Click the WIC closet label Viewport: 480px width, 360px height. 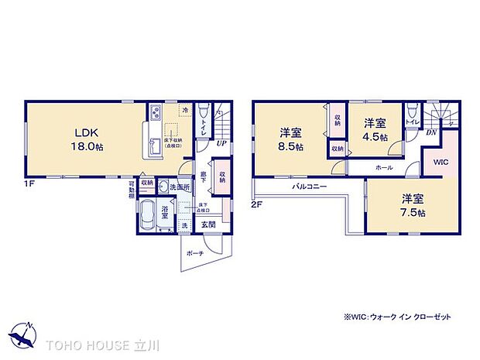point(440,163)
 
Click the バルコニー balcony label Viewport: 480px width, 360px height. point(310,187)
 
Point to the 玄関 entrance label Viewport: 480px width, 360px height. point(209,225)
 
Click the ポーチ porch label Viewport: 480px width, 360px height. point(195,253)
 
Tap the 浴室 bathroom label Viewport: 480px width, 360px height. point(166,209)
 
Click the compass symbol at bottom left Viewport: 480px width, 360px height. point(24,335)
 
